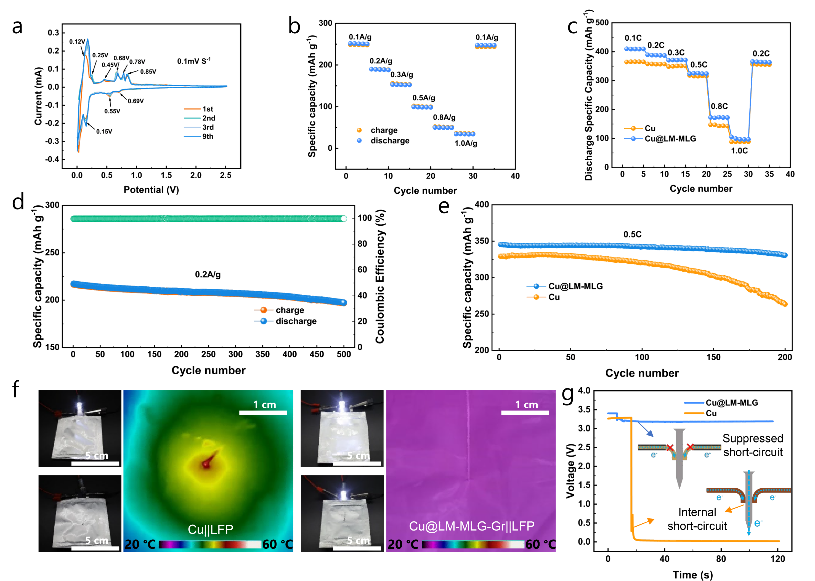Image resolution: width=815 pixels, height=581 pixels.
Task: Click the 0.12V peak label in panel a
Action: (x=77, y=41)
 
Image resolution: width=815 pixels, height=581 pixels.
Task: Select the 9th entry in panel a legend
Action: (x=208, y=137)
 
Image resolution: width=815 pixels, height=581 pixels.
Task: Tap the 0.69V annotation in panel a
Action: (x=136, y=101)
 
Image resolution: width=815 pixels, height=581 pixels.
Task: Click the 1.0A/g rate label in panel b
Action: (x=466, y=143)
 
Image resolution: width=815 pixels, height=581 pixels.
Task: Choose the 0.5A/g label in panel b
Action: (x=424, y=98)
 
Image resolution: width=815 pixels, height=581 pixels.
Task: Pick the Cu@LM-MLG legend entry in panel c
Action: (x=670, y=139)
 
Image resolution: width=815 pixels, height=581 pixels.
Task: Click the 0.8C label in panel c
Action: (x=719, y=106)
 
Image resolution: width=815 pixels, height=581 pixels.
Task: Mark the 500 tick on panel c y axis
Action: (x=602, y=23)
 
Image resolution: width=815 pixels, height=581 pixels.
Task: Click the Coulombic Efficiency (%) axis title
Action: (x=380, y=276)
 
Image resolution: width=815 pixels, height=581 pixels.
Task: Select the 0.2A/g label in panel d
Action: (x=208, y=274)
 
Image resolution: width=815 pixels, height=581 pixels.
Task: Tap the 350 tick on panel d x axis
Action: (x=262, y=355)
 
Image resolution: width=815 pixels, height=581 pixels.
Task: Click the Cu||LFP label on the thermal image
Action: (x=211, y=529)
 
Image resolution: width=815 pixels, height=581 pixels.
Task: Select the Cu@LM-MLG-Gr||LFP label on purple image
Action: (x=472, y=526)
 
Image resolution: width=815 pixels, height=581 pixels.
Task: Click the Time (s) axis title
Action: (x=692, y=575)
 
